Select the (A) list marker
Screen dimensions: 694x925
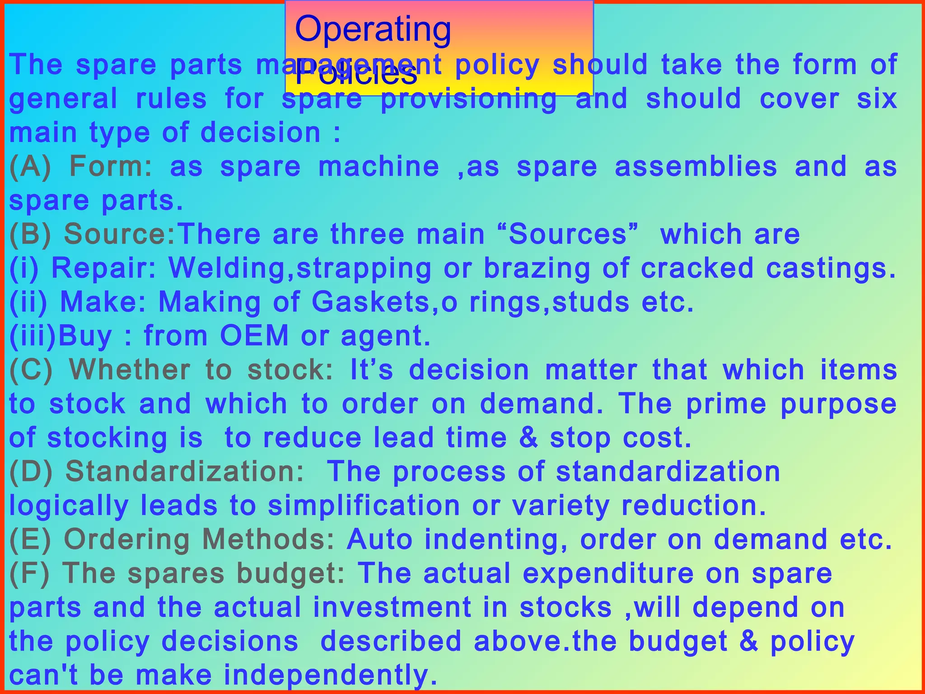30,167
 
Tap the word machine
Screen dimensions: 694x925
378,167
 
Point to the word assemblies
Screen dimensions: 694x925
696,167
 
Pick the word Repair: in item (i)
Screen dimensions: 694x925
104,268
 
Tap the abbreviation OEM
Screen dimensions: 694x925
254,336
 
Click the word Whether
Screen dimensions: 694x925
130,370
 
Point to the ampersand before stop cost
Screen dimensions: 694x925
528,438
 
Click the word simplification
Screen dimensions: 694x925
364,506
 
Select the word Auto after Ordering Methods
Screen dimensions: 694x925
379,539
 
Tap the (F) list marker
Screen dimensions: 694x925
29,573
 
